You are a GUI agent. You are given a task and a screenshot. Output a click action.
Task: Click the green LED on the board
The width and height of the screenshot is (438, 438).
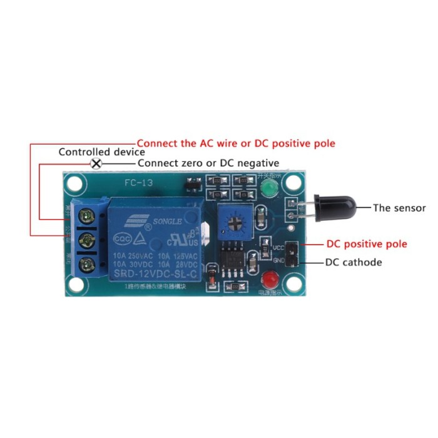(267, 190)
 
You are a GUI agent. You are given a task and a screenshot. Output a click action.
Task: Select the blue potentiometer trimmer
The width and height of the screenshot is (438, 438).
(236, 222)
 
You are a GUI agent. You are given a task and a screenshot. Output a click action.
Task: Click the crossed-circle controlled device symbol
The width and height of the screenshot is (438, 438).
(96, 164)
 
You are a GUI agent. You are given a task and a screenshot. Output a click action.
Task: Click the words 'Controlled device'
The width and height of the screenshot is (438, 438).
(101, 152)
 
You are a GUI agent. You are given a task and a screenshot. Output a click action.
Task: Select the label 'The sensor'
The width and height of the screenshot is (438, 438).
(399, 208)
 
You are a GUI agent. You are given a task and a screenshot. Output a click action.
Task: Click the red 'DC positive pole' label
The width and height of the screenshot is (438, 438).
(367, 243)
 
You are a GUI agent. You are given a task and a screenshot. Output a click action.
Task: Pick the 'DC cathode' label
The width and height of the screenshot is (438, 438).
(353, 262)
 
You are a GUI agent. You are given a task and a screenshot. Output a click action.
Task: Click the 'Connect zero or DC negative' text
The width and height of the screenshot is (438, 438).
(208, 163)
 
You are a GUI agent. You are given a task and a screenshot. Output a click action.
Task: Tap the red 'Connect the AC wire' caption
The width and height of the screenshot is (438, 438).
(235, 143)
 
